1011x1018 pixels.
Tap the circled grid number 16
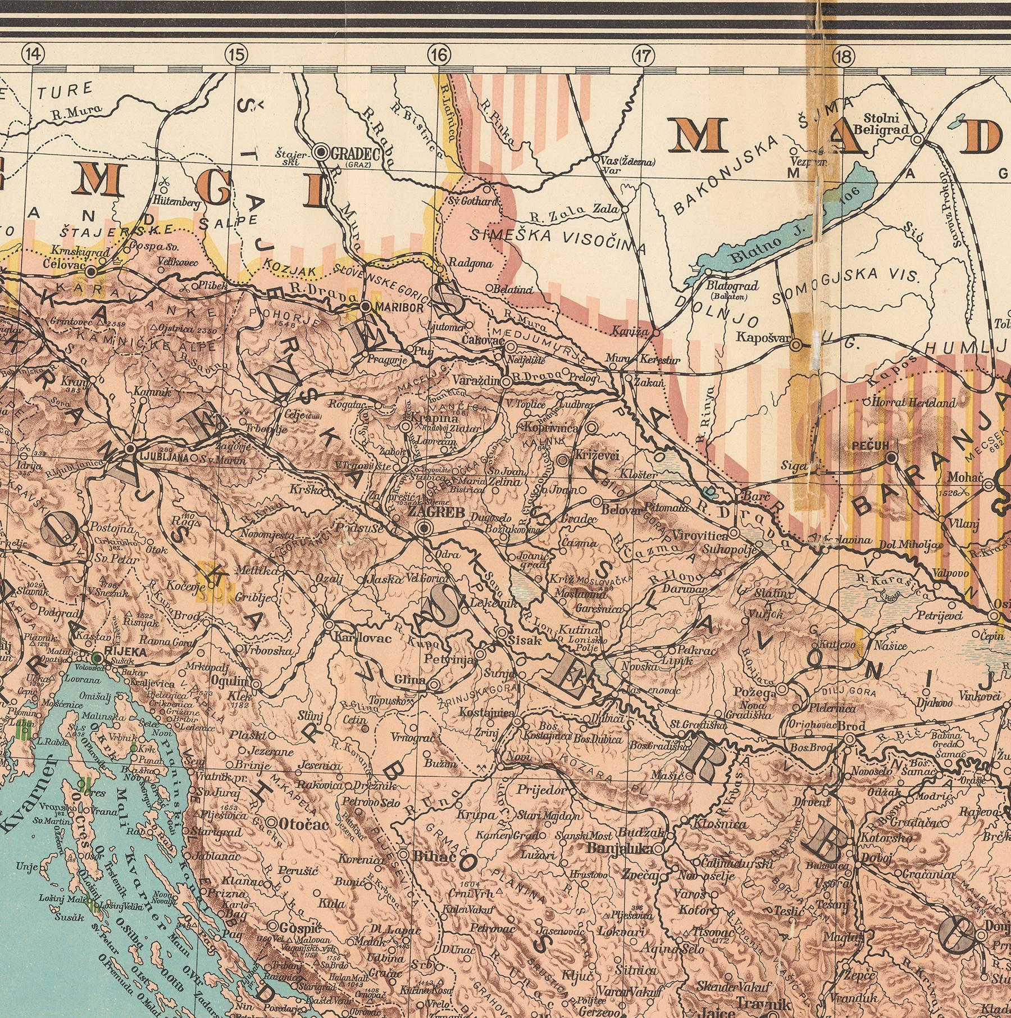coord(439,54)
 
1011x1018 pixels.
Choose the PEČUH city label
coord(869,446)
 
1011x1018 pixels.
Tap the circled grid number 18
coord(844,54)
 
